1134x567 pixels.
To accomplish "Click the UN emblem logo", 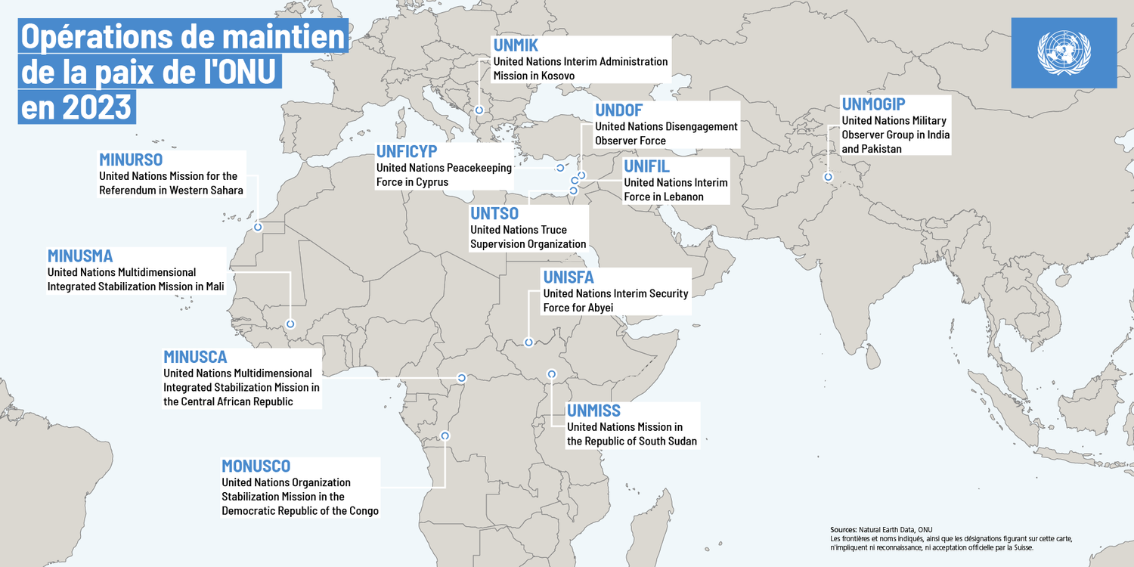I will coord(1064,52).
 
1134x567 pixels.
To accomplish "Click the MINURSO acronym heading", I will coord(131,160).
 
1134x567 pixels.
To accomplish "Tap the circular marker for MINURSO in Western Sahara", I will coord(258,227).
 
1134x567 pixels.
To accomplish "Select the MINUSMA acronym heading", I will coord(80,256).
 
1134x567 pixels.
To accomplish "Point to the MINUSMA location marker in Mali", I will coord(290,324).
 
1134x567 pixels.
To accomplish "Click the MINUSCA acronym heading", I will coord(195,356).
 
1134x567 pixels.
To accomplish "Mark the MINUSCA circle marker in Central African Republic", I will coord(461,377).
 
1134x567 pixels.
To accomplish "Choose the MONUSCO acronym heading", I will coord(256,466).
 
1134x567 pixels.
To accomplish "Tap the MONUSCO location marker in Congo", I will coord(445,435).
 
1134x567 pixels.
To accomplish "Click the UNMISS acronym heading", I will coord(593,411).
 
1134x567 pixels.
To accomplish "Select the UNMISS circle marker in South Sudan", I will coord(552,373).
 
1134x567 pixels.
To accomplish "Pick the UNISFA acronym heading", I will coord(569,277).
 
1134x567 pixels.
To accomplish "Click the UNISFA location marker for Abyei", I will coord(528,342).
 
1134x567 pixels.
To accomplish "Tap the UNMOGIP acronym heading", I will coord(873,104).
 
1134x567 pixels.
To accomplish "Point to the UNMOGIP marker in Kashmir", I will coord(828,177).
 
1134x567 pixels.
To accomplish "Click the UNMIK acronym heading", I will coord(515,45).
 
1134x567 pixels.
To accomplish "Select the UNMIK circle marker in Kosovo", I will coord(479,110).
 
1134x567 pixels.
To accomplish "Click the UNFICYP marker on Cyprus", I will coord(560,168).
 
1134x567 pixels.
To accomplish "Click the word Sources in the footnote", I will coord(843,530).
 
